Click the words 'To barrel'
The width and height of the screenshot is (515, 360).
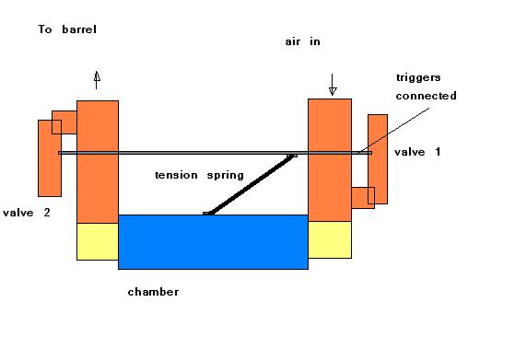[x=66, y=29]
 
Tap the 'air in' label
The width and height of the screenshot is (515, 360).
[x=303, y=42]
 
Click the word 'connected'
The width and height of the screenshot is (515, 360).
[x=426, y=96]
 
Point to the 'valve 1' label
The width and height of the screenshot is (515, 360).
[x=417, y=151]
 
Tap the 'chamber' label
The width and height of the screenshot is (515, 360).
[x=153, y=292]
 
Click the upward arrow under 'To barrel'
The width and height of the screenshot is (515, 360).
[x=97, y=79]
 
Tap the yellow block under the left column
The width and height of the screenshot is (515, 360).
[x=97, y=241]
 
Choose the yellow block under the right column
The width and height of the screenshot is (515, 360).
[x=329, y=239]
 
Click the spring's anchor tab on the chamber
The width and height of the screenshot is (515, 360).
[x=209, y=214]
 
